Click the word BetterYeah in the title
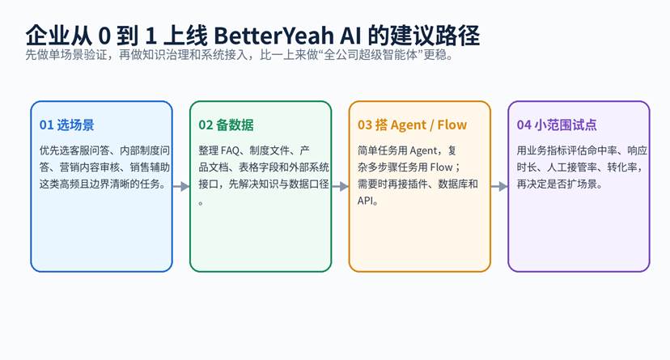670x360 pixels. pos(274,36)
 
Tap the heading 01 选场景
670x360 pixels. pos(66,125)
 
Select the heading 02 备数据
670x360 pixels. pos(226,125)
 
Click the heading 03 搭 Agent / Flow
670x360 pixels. pos(413,125)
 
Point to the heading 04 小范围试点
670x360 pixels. pos(557,125)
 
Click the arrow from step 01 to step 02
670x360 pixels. pos(180,186)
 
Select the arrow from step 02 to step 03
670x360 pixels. pos(340,186)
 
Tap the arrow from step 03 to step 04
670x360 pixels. pos(499,186)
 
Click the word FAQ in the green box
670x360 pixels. pos(231,150)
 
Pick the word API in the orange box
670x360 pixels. pos(364,201)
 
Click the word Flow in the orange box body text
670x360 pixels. pos(441,167)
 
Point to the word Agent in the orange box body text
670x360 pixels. pos(423,151)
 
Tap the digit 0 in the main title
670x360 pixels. pos(104,36)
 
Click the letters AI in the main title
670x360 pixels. pos(350,36)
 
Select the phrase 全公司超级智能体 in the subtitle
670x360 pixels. pos(371,55)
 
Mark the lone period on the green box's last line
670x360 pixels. pos(201,203)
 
